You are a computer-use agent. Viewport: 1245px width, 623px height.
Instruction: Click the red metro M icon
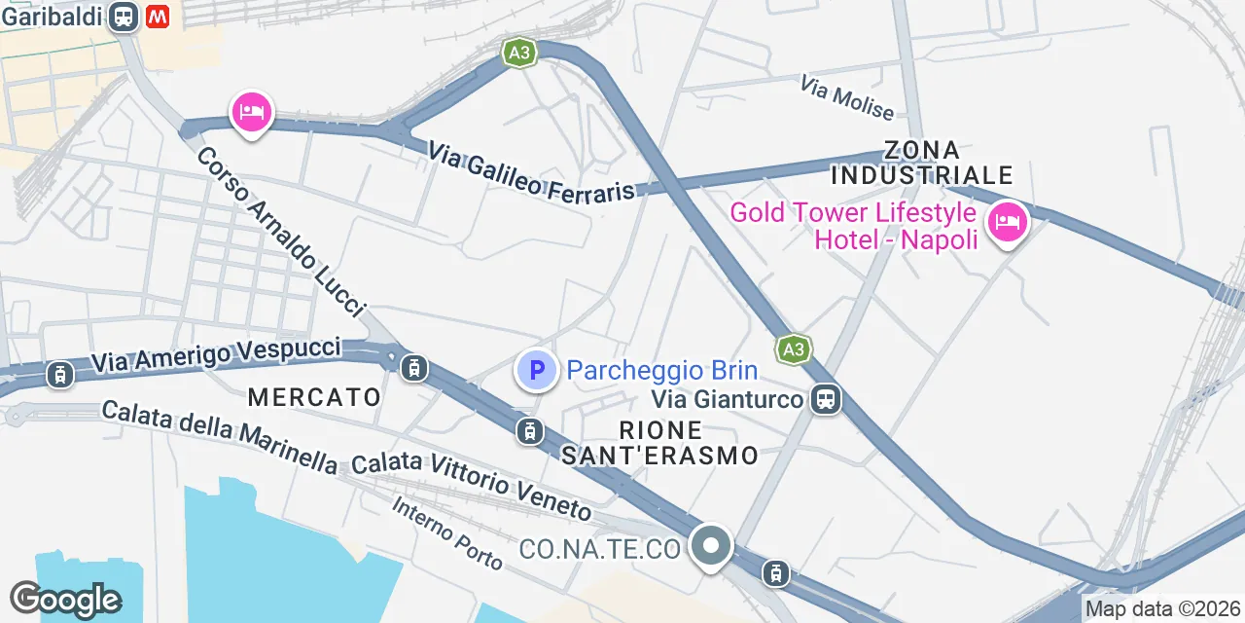point(158,17)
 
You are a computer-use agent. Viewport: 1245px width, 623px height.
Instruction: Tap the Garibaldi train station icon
point(124,17)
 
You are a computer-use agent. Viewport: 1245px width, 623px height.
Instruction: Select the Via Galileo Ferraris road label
point(531,172)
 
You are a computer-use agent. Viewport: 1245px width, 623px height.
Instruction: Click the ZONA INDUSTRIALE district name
point(922,163)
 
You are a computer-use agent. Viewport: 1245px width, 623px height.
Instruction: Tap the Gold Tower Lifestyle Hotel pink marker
point(1007,223)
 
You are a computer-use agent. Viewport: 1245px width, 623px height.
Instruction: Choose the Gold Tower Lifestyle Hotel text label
point(853,225)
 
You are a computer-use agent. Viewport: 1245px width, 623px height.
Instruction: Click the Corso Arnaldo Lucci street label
point(281,232)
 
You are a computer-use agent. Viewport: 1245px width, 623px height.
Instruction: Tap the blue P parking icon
point(536,371)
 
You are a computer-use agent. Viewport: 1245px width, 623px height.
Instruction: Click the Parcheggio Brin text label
point(661,371)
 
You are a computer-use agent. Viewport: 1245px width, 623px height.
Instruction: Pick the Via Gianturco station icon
point(827,398)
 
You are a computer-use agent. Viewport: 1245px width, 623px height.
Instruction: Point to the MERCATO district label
point(314,397)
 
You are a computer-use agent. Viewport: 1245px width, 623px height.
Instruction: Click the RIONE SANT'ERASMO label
point(660,442)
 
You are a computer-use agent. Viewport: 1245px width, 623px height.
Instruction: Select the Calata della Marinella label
point(220,437)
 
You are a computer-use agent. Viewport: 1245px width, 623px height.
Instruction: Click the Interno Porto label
point(447,533)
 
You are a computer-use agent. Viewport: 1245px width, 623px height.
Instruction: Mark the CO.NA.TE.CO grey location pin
point(711,546)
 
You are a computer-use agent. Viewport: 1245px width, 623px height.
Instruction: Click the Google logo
point(65,600)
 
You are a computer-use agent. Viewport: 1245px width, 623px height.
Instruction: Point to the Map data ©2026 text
point(1163,609)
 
